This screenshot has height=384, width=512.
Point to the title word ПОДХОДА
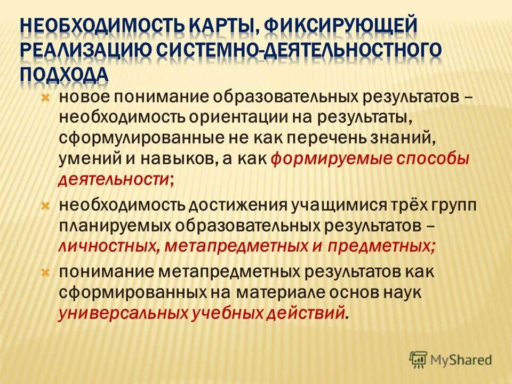tap(65, 74)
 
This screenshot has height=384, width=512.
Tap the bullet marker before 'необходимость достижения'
tap(45, 205)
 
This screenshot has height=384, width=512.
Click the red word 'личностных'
tap(106, 246)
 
